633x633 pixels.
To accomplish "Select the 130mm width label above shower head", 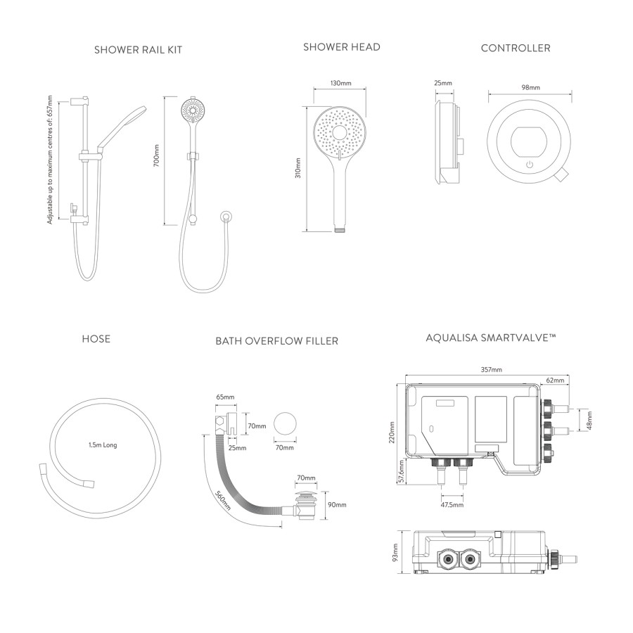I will pyautogui.click(x=340, y=83).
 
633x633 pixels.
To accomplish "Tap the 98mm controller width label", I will pyautogui.click(x=530, y=88).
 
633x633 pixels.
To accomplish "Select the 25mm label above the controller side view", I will pyautogui.click(x=443, y=83).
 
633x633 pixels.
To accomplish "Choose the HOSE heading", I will pyautogui.click(x=96, y=339).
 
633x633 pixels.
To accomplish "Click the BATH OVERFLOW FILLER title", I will pyautogui.click(x=276, y=341).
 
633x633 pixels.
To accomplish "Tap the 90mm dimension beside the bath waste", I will pyautogui.click(x=337, y=505).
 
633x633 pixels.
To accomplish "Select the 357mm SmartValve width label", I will pyautogui.click(x=491, y=370).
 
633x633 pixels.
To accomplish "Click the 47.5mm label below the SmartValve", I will pyautogui.click(x=452, y=504).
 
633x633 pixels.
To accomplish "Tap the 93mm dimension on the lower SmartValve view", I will pyautogui.click(x=395, y=554).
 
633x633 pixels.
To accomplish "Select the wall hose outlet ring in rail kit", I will pyautogui.click(x=226, y=215).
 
